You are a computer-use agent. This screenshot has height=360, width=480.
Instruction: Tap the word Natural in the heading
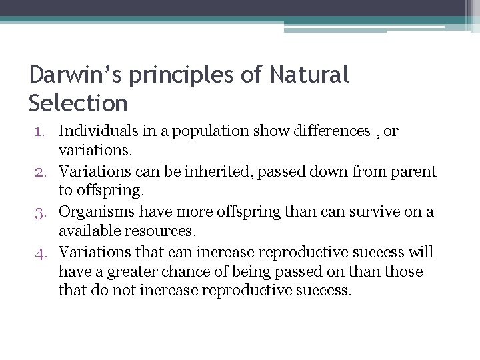tap(309, 76)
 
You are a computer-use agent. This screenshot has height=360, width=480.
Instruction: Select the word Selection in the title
tap(78, 103)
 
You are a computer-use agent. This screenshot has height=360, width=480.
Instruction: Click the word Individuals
tap(97, 131)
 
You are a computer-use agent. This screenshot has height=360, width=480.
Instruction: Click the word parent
tap(415, 172)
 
